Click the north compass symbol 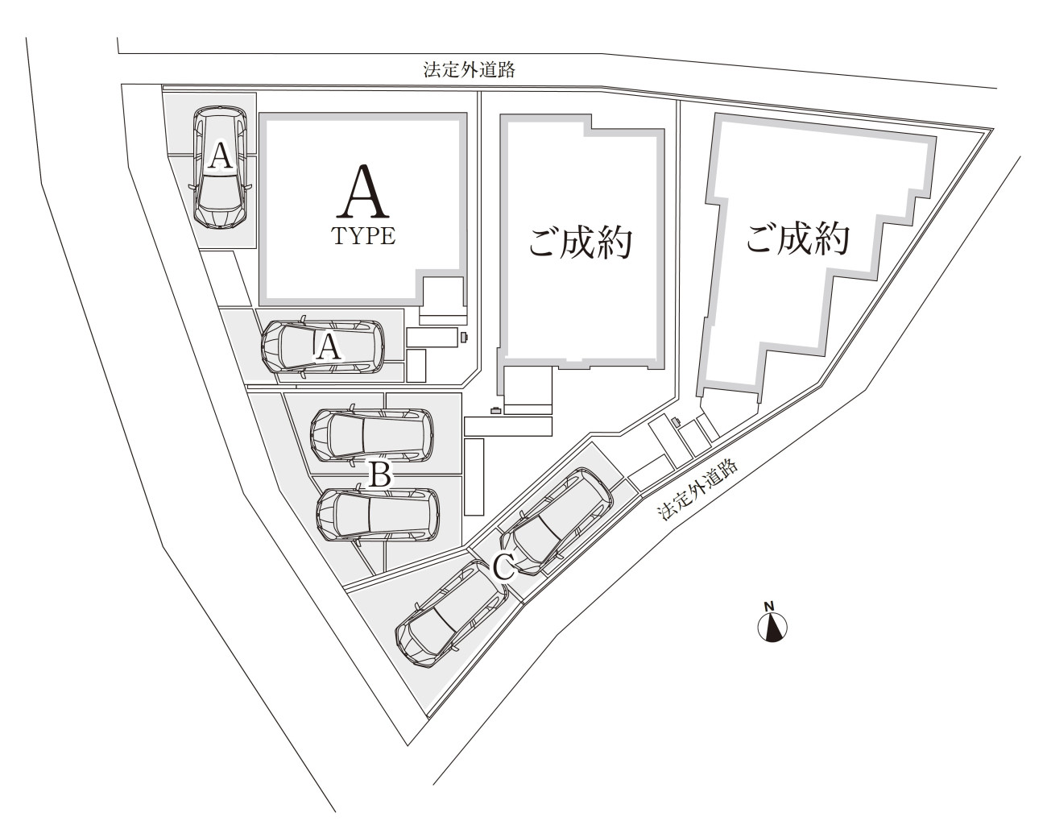[772, 627]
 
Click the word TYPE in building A [363, 236]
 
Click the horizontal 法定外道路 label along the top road [469, 69]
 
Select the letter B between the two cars [379, 475]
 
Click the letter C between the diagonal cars [504, 568]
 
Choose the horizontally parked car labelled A [323, 346]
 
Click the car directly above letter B [372, 434]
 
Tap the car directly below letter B [378, 515]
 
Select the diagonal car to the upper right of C [556, 522]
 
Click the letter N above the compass [769, 607]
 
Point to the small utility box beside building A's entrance [464, 337]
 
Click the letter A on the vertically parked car [220, 155]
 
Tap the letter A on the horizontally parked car [329, 348]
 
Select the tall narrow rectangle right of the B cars [474, 477]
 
